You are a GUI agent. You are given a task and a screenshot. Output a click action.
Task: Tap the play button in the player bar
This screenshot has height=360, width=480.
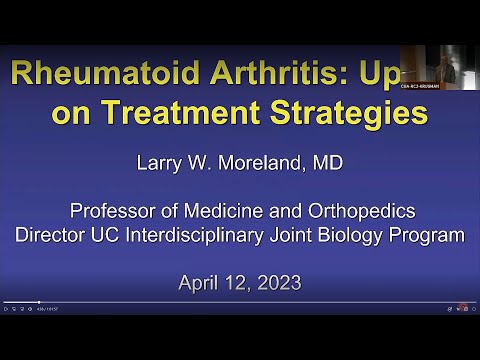pos(6,309)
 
